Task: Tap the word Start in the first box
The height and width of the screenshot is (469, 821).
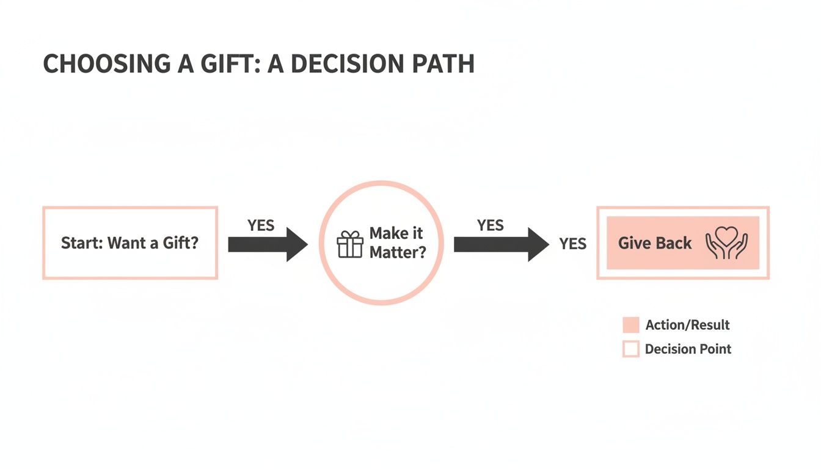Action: pos(81,243)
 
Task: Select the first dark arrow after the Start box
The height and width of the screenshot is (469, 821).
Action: pos(267,244)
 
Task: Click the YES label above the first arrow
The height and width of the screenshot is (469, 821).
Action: pos(261,225)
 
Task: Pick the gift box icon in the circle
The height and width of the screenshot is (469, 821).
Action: pos(350,244)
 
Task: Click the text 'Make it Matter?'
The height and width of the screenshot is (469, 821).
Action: pos(397,243)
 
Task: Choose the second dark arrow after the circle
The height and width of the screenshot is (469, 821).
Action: pos(500,244)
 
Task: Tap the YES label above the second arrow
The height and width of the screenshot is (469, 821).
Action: pos(491,225)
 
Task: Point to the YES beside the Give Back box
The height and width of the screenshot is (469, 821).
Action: pos(572,244)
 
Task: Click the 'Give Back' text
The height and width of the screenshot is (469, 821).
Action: pos(655,243)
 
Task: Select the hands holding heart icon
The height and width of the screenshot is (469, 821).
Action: pos(726,243)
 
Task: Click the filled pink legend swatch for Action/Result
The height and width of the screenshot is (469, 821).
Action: pos(630,325)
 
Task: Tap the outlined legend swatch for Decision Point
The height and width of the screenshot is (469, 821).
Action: pos(630,349)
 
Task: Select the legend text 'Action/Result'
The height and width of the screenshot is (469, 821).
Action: pos(687,325)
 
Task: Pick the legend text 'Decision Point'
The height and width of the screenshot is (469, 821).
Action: pos(688,349)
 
